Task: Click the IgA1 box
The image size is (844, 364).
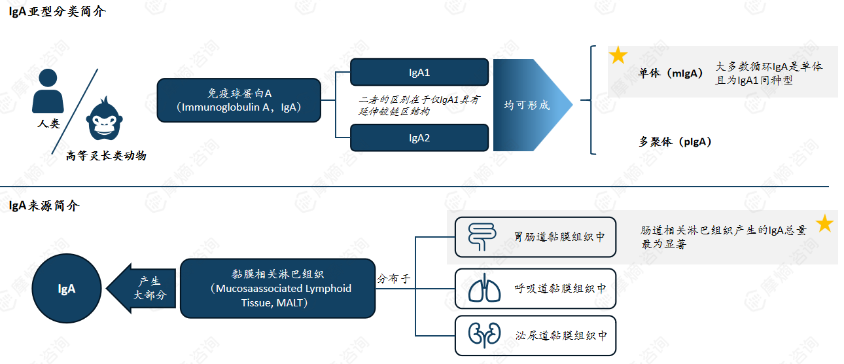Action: pos(419,72)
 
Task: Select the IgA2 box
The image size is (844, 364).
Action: pos(419,138)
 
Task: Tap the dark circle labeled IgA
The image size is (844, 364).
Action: pos(67,288)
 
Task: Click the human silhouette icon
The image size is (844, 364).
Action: pos(49,91)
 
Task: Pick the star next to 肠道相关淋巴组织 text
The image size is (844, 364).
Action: pos(824,224)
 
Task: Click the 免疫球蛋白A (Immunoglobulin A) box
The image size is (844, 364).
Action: pos(239,100)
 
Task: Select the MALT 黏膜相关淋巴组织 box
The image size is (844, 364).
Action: pos(277,288)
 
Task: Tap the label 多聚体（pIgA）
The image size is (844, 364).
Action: pos(675,141)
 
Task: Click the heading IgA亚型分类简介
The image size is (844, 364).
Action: pos(57,12)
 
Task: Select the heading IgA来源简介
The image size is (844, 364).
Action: pos(44,206)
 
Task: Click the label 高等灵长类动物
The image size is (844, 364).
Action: pos(106,156)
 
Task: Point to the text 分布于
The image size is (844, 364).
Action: pos(394,278)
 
